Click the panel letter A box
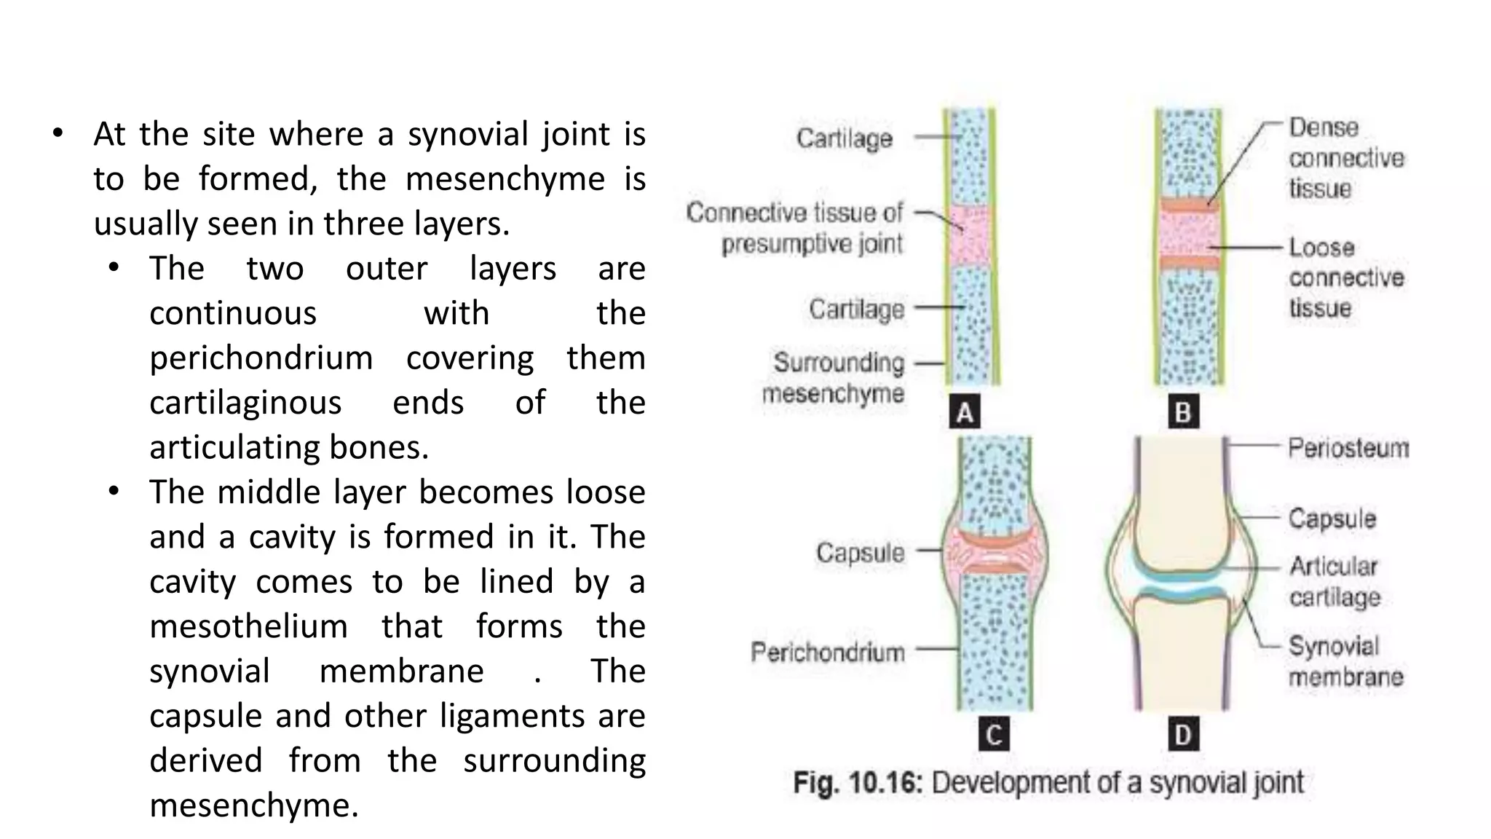coord(965,412)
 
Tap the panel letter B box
coord(1183,412)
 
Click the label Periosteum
coord(1348,448)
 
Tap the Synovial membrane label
coord(1345,661)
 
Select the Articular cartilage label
coord(1334,581)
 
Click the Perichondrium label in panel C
coord(827,652)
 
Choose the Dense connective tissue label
coord(1345,157)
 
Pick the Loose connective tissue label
coord(1345,277)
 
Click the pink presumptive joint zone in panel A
coord(970,235)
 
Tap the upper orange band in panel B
coord(1188,205)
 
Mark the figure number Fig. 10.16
coord(858,783)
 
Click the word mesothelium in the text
coord(249,626)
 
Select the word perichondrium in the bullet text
coord(261,358)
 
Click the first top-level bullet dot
coord(58,134)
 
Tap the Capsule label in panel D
coord(1332,519)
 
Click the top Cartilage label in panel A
coord(844,138)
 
